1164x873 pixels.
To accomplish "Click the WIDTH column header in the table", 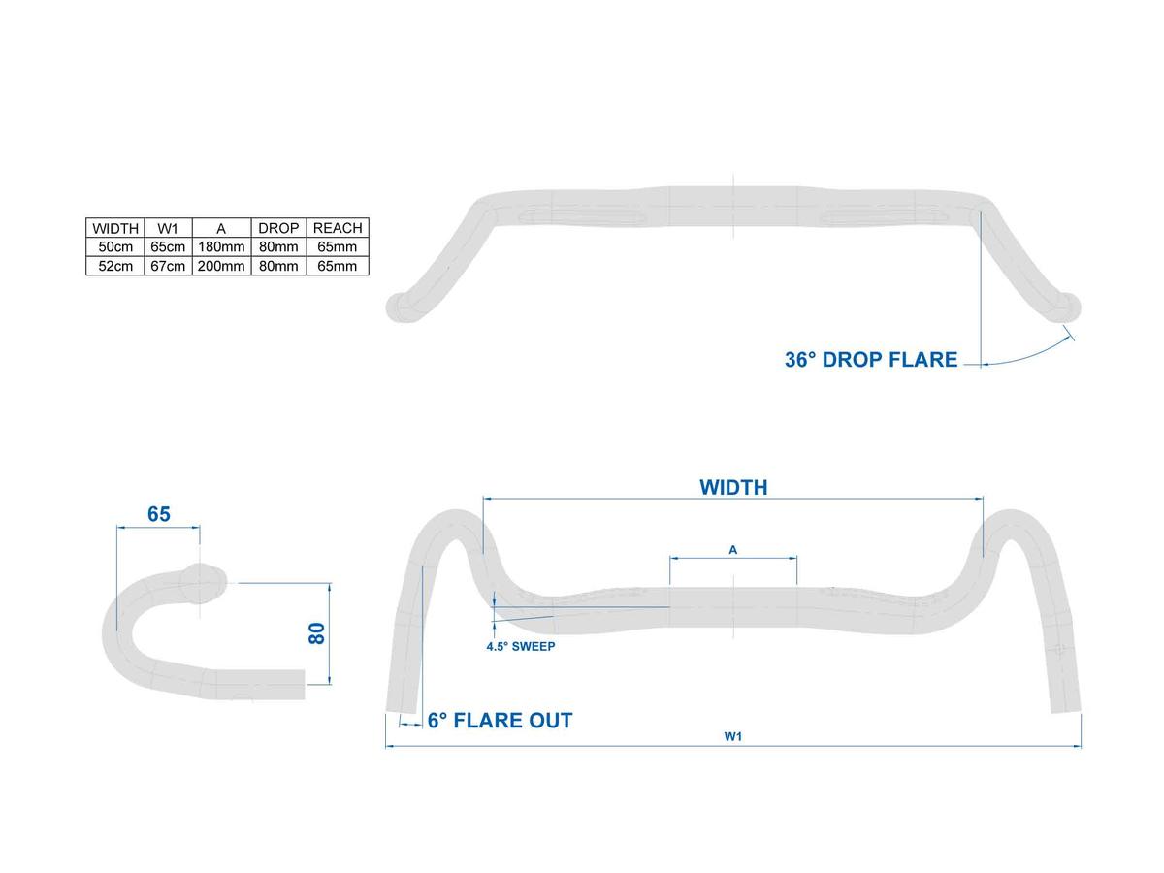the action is point(115,228).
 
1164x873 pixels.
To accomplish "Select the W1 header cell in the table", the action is point(168,228).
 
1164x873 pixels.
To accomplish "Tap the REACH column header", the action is point(338,228).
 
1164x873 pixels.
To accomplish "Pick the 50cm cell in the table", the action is point(115,246).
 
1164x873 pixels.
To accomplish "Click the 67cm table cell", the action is point(168,266).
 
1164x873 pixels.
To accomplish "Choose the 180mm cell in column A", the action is point(221,246).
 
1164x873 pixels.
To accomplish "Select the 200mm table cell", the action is point(221,266).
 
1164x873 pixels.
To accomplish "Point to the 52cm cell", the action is point(115,266).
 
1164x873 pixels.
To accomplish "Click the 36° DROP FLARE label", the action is point(871,359).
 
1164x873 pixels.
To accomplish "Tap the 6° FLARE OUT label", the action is point(500,721).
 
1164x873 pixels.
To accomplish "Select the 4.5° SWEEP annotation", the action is point(520,646).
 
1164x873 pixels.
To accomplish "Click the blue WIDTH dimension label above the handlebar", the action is point(733,487).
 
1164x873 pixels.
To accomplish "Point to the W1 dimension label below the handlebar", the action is point(733,736).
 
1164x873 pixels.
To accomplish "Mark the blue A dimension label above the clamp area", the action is point(733,550).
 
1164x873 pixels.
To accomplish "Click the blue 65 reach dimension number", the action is point(158,514).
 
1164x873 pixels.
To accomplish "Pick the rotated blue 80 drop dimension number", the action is point(316,633).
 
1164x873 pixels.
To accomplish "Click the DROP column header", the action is point(278,228).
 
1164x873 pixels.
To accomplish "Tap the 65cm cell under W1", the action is point(168,246).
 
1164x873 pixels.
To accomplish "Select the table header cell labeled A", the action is point(221,229).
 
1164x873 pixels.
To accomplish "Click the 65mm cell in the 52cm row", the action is point(338,266).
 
